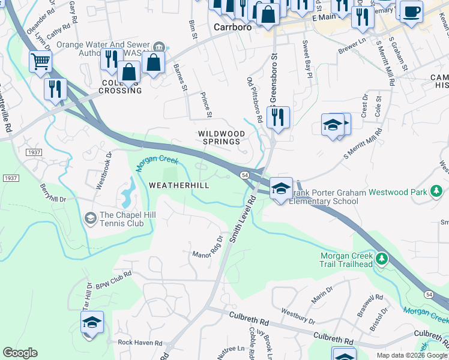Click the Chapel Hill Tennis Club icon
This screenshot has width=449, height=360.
pos(91,217)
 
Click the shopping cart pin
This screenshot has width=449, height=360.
pos(40,61)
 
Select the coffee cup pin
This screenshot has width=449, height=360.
pos(411,11)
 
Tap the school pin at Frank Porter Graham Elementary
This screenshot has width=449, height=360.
pos(281,188)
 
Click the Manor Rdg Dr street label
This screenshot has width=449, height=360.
pos(207,247)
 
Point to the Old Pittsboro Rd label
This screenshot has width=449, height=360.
pos(255,99)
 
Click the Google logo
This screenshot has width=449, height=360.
pos(20,353)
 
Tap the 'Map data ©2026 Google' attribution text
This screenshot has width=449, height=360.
pos(411,355)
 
